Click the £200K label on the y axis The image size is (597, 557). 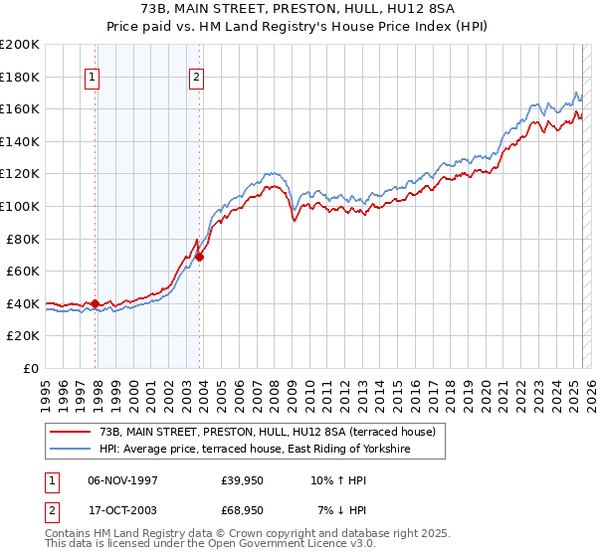[x=20, y=45]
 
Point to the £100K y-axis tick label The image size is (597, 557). [x=20, y=206]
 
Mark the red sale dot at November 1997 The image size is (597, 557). [x=96, y=303]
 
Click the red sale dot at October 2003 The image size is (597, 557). [x=200, y=257]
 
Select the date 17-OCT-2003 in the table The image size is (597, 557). [x=123, y=509]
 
